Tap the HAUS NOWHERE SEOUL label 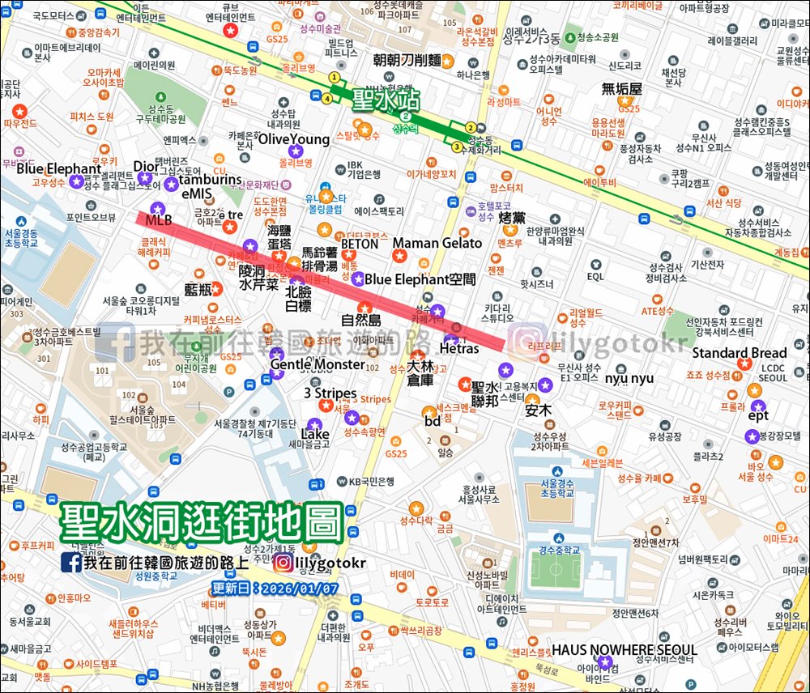click(x=625, y=650)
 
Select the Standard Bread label click(x=739, y=353)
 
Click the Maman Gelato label click(x=437, y=243)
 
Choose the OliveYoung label click(x=294, y=139)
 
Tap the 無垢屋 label click(x=622, y=89)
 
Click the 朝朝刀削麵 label click(x=407, y=60)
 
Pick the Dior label click(x=147, y=167)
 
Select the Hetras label click(x=459, y=349)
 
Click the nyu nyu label click(x=629, y=378)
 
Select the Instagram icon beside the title click(x=283, y=562)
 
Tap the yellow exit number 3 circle click(x=457, y=147)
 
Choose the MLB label click(x=159, y=220)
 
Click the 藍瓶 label click(x=198, y=289)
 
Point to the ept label click(x=758, y=416)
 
